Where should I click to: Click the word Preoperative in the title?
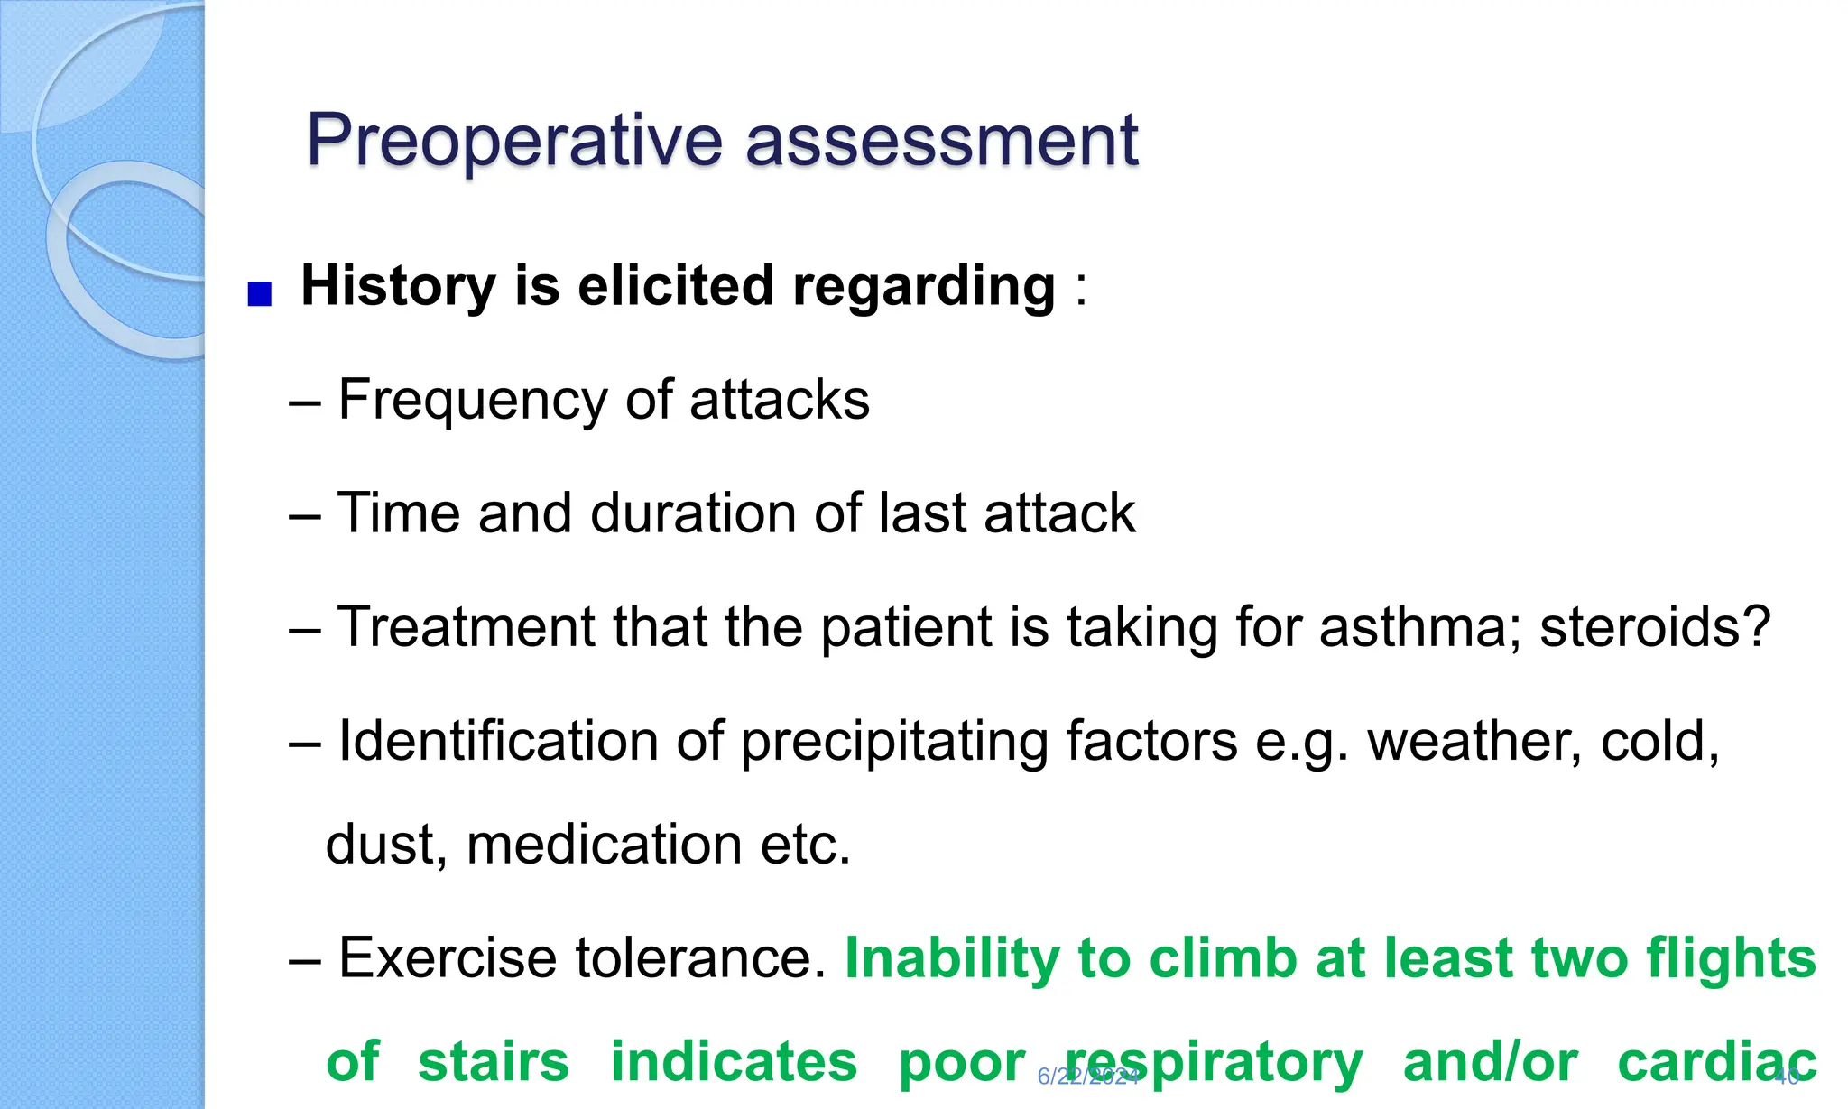point(514,141)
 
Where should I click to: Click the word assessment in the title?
point(942,141)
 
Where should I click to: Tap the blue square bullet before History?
point(260,295)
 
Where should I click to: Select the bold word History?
point(398,287)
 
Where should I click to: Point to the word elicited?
point(675,287)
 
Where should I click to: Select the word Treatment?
point(466,627)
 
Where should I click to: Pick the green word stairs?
point(494,1062)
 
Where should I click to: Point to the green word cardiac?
point(1716,1062)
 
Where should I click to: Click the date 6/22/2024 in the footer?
point(1088,1077)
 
